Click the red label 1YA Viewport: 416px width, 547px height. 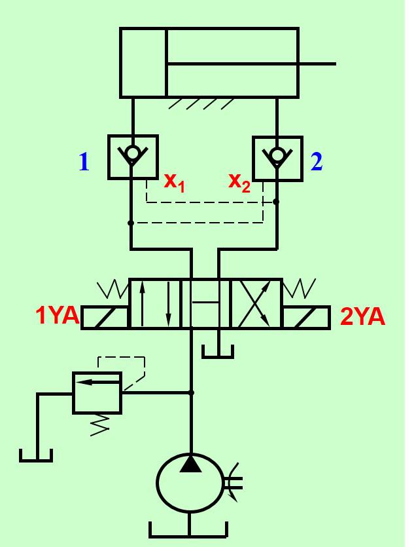point(58,316)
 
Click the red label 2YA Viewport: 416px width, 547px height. point(363,317)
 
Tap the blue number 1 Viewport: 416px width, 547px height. point(84,162)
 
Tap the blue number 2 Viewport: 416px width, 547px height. point(317,162)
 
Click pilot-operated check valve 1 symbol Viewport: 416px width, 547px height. point(133,157)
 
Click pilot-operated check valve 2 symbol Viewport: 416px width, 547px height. point(277,158)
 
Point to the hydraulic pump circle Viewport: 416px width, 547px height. point(189,484)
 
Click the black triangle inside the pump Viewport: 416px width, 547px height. point(190,464)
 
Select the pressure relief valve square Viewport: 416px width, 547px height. point(97,392)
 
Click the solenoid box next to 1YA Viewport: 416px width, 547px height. point(105,317)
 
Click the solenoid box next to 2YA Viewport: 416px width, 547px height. point(306,317)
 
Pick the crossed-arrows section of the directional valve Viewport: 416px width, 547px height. point(256,303)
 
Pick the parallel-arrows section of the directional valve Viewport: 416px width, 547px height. point(154,303)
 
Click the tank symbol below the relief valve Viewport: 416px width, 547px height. point(36,453)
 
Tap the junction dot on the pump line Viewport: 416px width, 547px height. point(191,392)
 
